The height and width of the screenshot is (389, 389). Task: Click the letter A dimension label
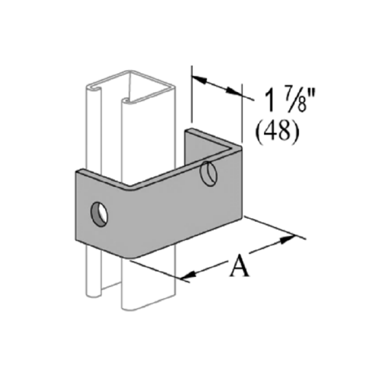coord(239,266)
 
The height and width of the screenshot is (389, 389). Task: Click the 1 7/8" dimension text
coord(290,100)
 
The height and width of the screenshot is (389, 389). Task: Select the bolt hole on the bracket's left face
coord(99,214)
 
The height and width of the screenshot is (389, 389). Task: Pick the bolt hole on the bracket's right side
coord(209,173)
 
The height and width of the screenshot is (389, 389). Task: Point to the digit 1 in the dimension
coord(270,100)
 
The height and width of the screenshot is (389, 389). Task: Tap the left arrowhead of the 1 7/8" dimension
coord(199,79)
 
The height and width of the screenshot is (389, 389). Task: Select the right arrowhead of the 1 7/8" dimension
coord(233,91)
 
